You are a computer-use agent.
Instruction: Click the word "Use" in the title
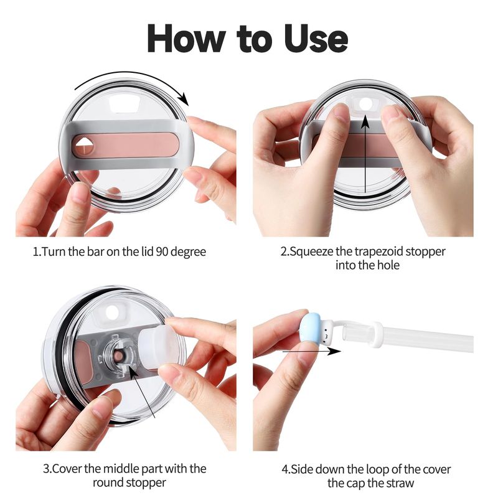point(316,39)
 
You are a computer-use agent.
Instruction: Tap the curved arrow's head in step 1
point(183,98)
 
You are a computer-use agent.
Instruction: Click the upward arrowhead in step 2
point(365,121)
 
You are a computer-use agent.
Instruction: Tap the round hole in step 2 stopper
point(365,104)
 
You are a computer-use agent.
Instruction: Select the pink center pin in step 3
point(118,356)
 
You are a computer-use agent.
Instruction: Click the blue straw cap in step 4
point(311,331)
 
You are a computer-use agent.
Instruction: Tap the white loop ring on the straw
point(377,334)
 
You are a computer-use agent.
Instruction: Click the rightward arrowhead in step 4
point(334,351)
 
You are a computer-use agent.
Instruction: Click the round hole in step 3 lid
point(112,312)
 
